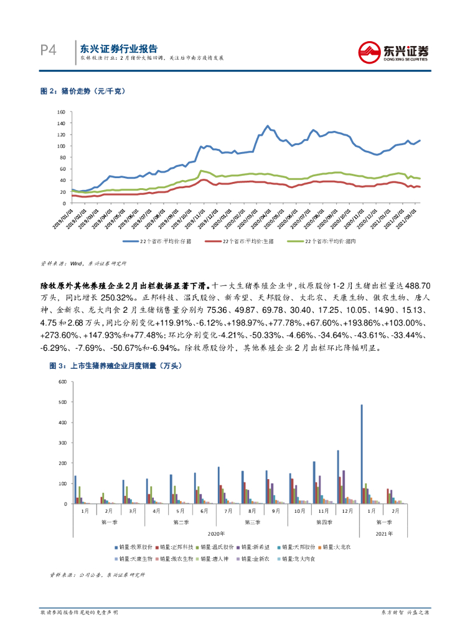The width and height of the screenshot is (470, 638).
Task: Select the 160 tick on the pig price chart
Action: (x=61, y=112)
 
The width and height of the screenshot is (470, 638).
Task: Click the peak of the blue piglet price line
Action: (x=268, y=126)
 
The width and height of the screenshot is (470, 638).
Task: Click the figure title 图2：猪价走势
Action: (x=83, y=92)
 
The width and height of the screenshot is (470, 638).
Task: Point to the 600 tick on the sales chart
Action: (x=61, y=381)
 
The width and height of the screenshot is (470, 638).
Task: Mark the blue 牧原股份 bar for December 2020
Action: (x=338, y=477)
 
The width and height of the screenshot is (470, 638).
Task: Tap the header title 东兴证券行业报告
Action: (x=119, y=48)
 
